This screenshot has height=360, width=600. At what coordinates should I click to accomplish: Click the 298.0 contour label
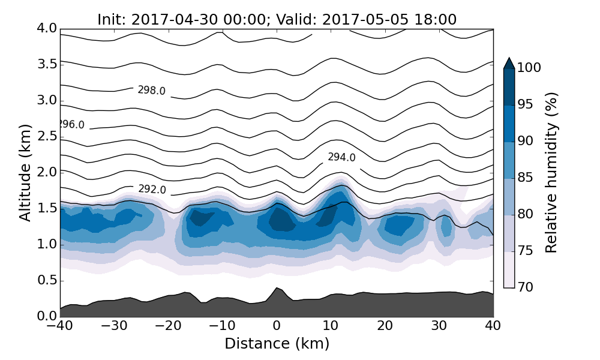151,91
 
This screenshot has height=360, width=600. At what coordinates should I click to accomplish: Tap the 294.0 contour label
341,158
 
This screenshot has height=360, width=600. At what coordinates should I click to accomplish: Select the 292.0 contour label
152,190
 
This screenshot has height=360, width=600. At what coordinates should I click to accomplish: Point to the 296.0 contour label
71,125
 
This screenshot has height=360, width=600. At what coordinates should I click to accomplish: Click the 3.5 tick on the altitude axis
46,64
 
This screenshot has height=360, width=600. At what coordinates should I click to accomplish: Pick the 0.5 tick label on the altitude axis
46,281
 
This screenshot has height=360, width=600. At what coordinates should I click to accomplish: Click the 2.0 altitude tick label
46,172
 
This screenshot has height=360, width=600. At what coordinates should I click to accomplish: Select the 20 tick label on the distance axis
385,326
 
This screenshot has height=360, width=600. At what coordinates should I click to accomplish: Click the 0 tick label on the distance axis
277,326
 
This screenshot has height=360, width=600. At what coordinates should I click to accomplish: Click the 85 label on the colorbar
525,178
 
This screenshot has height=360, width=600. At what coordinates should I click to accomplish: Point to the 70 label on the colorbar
525,287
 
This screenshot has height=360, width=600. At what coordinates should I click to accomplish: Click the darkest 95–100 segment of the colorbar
509,87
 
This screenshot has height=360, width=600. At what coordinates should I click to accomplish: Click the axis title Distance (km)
277,344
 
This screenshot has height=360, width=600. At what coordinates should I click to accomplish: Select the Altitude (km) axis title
25,172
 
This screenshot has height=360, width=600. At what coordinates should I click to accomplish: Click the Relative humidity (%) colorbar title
552,172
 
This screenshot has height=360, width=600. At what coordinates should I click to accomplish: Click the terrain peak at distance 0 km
277,289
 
